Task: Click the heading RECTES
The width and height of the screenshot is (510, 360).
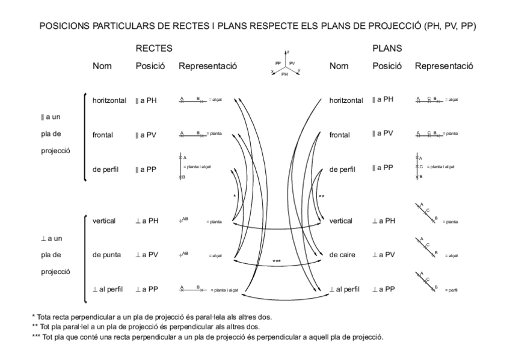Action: click(x=154, y=48)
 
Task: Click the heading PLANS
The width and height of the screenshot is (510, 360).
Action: click(x=387, y=48)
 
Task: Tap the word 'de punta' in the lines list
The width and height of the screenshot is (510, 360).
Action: click(x=107, y=255)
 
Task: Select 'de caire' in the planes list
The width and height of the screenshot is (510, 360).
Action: click(x=343, y=255)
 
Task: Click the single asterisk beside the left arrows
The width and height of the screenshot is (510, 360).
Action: click(x=235, y=196)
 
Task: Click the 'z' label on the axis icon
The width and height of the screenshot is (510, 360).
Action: click(x=289, y=52)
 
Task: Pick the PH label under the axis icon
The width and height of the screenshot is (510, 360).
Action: click(x=284, y=75)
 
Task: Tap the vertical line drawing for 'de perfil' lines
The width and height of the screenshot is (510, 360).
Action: click(x=180, y=166)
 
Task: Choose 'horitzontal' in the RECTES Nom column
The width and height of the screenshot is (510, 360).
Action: click(x=109, y=100)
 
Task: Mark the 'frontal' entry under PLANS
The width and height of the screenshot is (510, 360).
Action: click(x=340, y=135)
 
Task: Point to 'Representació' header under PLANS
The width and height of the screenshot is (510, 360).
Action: click(x=444, y=66)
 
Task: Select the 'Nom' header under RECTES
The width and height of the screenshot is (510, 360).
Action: click(x=102, y=66)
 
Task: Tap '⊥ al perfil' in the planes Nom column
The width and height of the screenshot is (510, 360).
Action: click(x=346, y=290)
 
